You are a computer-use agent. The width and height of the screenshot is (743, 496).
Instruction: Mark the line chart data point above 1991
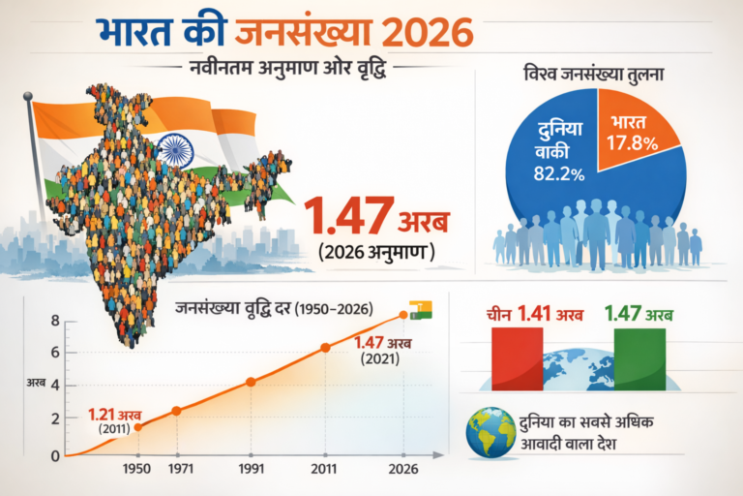click(x=252, y=382)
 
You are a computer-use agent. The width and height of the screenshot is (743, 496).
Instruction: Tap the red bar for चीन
click(x=517, y=357)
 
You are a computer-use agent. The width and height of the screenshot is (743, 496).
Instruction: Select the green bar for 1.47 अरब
click(x=639, y=357)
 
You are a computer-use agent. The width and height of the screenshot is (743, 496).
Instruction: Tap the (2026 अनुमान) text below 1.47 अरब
click(x=375, y=252)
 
